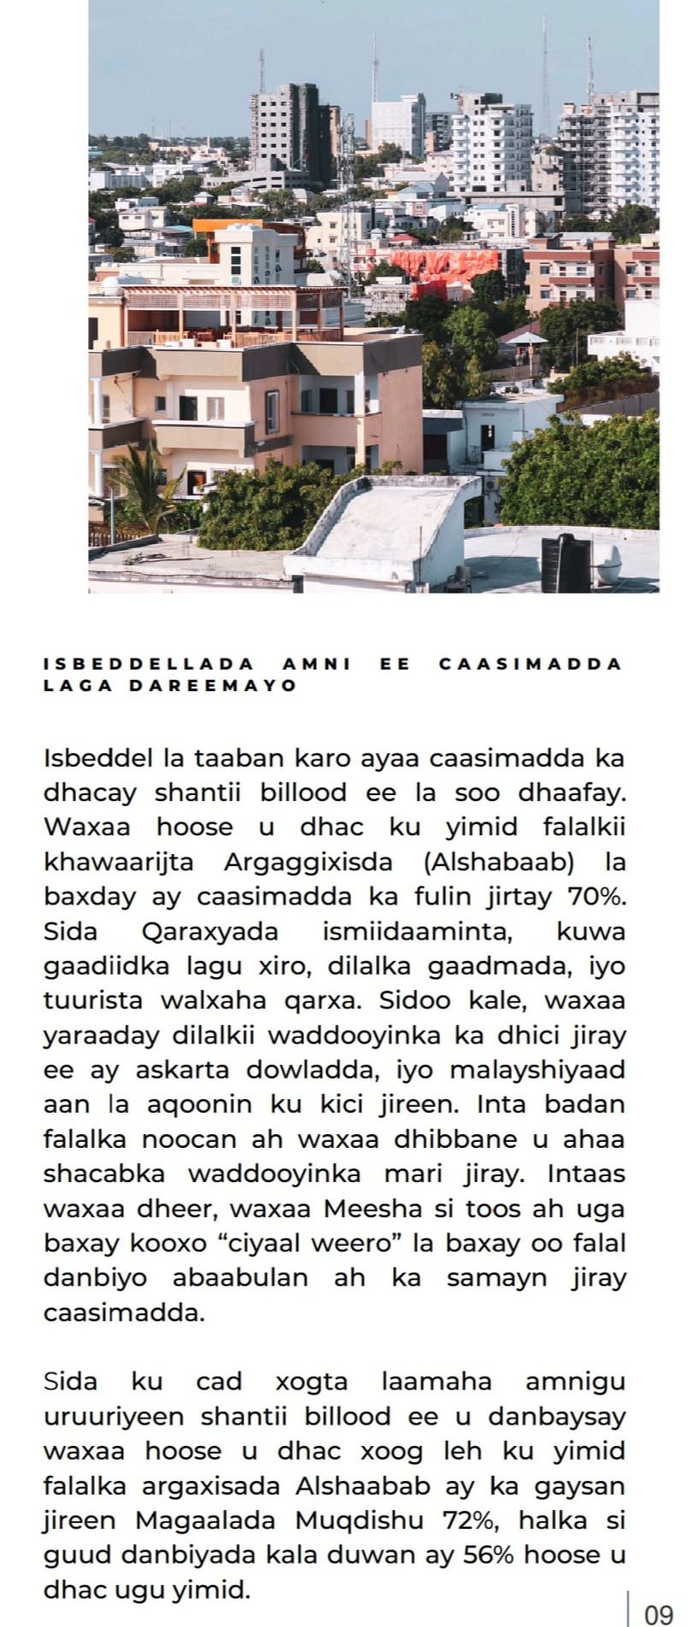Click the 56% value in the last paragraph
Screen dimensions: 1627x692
(x=488, y=1555)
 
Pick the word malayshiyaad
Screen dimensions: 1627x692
(x=537, y=1070)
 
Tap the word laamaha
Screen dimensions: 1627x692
(x=437, y=1382)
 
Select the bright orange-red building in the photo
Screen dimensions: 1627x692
(x=444, y=264)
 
